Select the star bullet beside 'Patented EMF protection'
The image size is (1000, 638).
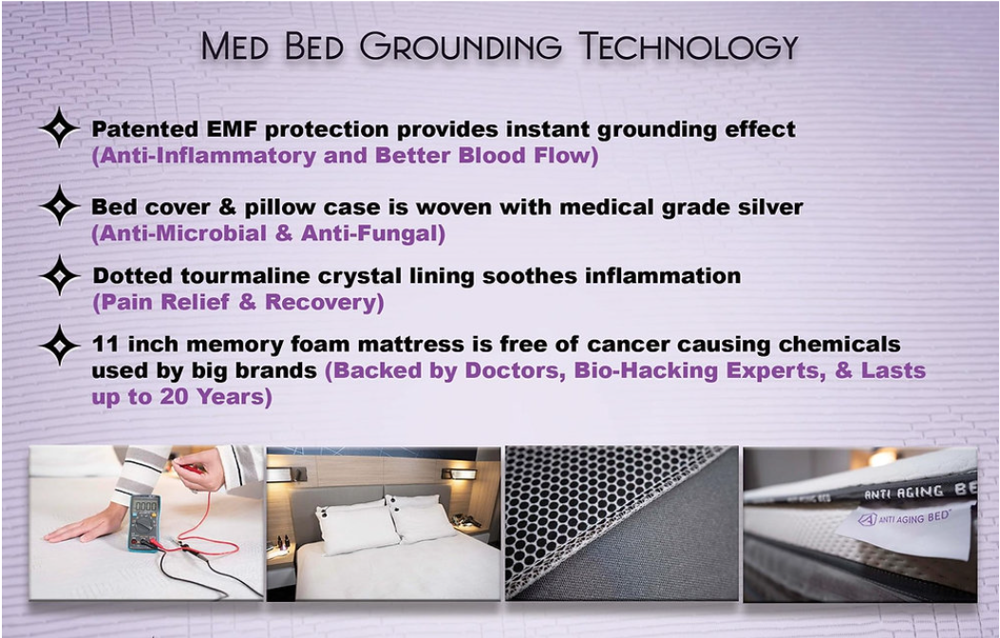pos(59,128)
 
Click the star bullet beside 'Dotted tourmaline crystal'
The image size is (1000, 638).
pos(59,276)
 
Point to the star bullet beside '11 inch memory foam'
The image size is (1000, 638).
pos(59,345)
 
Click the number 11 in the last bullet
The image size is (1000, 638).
pos(104,344)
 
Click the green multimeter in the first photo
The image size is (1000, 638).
pos(142,523)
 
